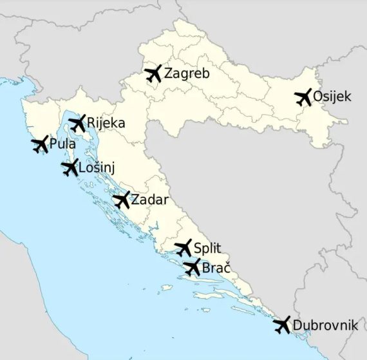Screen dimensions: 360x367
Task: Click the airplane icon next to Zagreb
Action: pyautogui.click(x=153, y=73)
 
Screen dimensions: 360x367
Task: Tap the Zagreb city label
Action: pyautogui.click(x=187, y=73)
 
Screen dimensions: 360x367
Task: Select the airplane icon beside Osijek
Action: pyautogui.click(x=303, y=97)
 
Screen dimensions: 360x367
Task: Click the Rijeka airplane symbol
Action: pyautogui.click(x=77, y=123)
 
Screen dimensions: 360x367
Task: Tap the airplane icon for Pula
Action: pyautogui.click(x=39, y=145)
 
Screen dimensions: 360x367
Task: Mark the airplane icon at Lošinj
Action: pyautogui.click(x=70, y=168)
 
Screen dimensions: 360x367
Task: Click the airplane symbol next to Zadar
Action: pyautogui.click(x=121, y=200)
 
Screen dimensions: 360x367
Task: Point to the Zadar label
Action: pyautogui.click(x=149, y=200)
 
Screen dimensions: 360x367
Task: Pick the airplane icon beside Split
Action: pyautogui.click(x=183, y=248)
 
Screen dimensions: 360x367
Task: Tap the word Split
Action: pyautogui.click(x=207, y=248)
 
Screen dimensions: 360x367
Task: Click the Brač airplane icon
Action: pyautogui.click(x=192, y=268)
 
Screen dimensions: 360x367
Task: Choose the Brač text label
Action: pyautogui.click(x=216, y=267)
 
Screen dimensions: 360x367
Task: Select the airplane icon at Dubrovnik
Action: pyautogui.click(x=282, y=325)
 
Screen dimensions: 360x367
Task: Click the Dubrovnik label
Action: pyautogui.click(x=325, y=325)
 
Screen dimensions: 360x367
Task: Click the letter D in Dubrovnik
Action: pyautogui.click(x=297, y=325)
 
